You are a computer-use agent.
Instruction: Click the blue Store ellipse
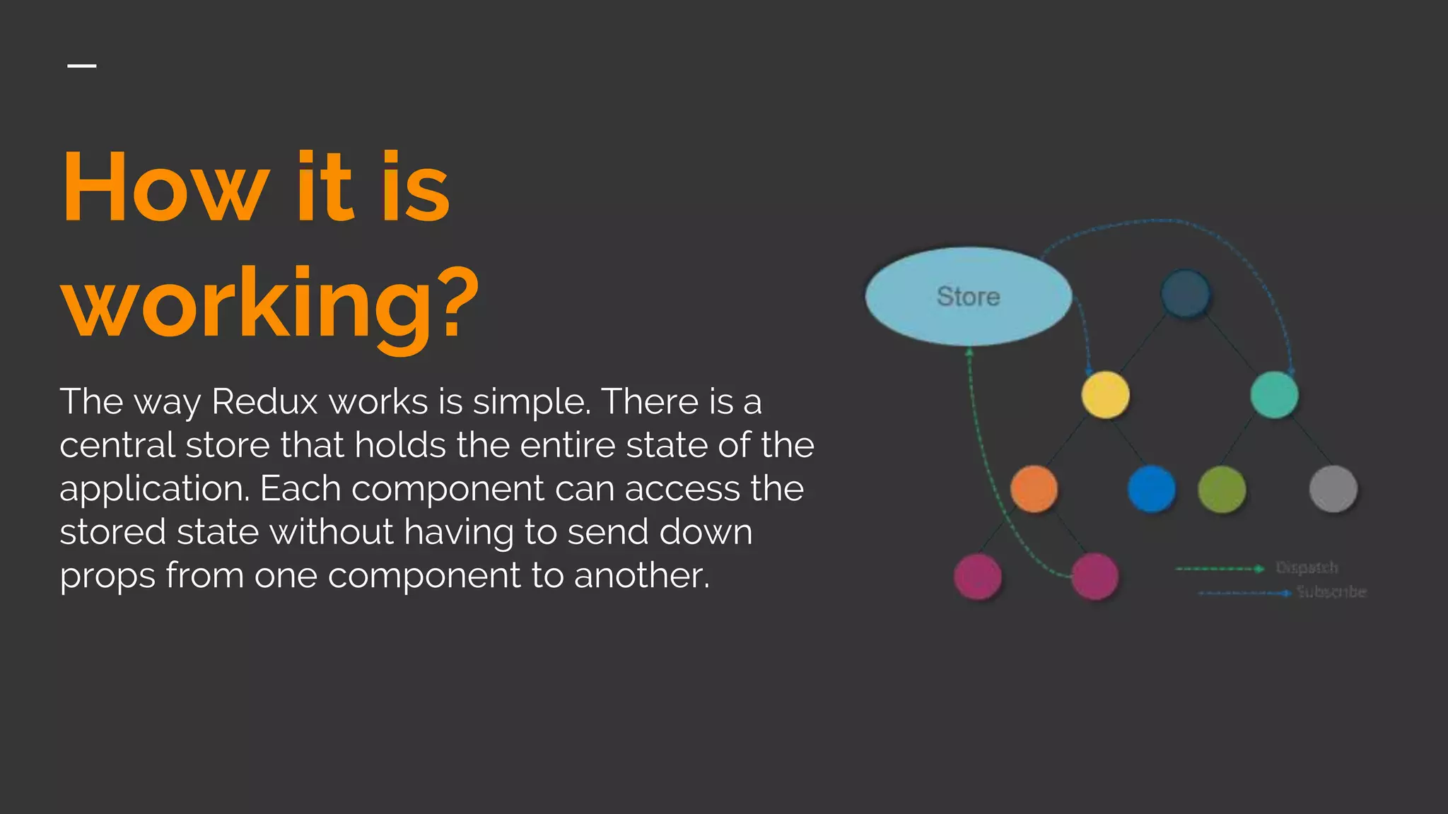(x=919, y=318)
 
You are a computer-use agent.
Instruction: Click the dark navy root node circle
(x=1186, y=293)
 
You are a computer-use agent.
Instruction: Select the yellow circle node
(x=1105, y=395)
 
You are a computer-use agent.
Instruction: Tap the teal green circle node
(x=1274, y=395)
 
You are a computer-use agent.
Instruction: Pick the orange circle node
(x=1034, y=489)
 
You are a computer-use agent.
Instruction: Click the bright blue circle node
(x=1151, y=489)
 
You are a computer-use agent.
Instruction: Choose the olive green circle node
(x=1222, y=489)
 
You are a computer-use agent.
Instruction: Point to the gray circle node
(x=1333, y=489)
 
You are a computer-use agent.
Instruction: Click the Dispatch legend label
(x=1307, y=567)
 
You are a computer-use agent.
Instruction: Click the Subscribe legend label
(x=1331, y=591)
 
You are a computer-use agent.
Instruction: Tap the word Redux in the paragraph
(x=264, y=401)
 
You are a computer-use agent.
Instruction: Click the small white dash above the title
(x=82, y=66)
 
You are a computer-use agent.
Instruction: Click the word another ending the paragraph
(x=641, y=575)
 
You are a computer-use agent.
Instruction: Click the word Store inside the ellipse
(x=968, y=296)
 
